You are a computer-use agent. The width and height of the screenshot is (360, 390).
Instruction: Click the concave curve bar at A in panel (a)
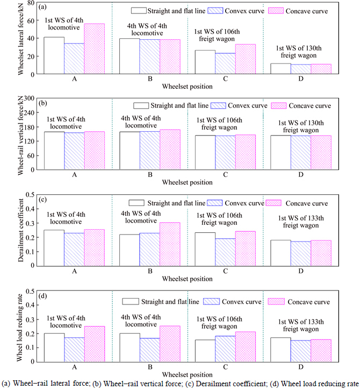click(x=94, y=49)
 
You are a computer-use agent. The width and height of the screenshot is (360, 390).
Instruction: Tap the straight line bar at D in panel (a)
click(x=280, y=69)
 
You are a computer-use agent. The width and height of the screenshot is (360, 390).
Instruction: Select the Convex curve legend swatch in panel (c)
click(x=218, y=203)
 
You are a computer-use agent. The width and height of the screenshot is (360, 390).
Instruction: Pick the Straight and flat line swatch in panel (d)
click(x=131, y=301)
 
